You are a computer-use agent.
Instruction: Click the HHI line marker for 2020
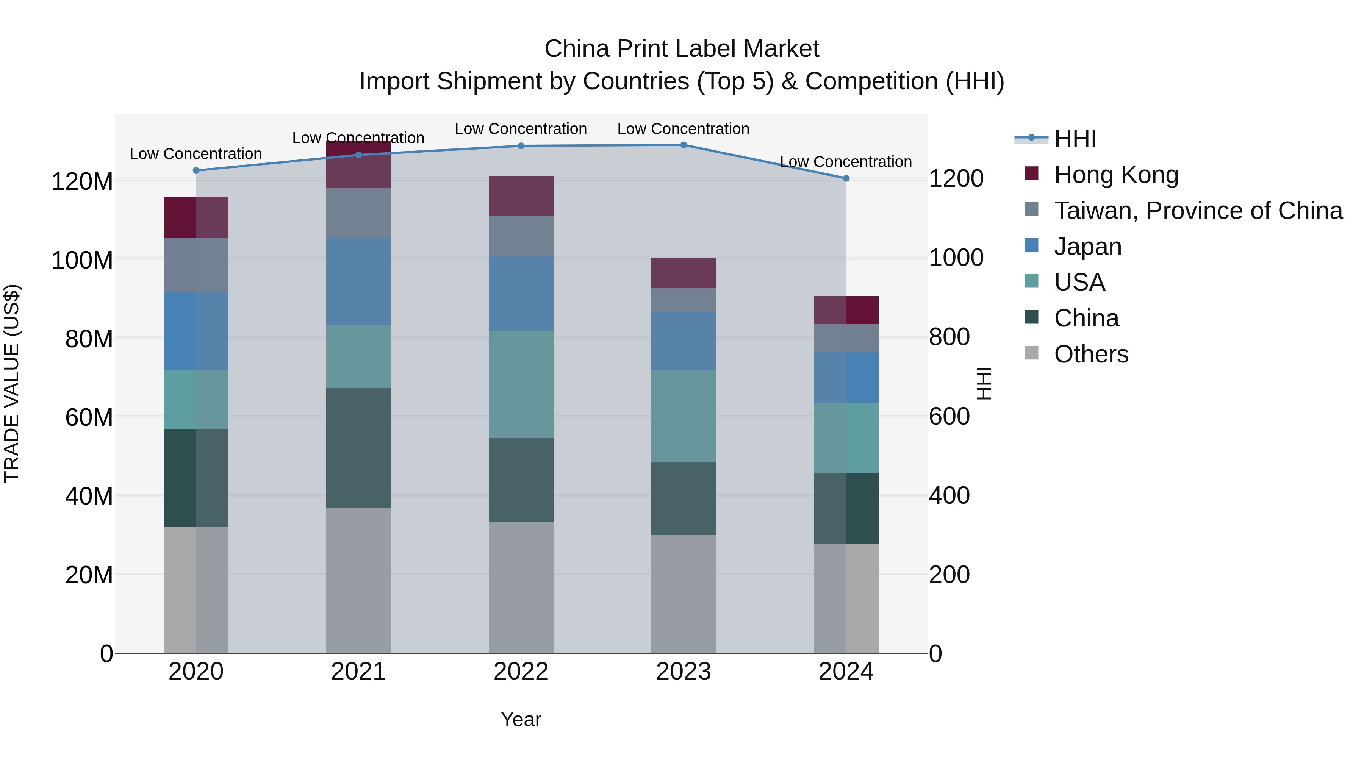(196, 170)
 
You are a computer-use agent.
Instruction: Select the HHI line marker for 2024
(846, 178)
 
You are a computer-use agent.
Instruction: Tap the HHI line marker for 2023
(683, 145)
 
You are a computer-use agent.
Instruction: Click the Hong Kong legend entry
(1116, 175)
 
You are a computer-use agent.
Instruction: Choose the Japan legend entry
(1087, 247)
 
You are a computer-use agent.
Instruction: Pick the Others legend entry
(1091, 354)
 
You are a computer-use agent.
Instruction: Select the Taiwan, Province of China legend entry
(1198, 211)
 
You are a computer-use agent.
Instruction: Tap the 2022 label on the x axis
(521, 672)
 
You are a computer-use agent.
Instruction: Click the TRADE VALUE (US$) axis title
(12, 383)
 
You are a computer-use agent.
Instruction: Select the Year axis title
(521, 719)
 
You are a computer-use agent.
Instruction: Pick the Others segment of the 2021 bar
(358, 580)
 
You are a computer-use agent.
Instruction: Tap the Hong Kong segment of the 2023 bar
(683, 273)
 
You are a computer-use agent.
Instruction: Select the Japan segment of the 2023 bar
(683, 341)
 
